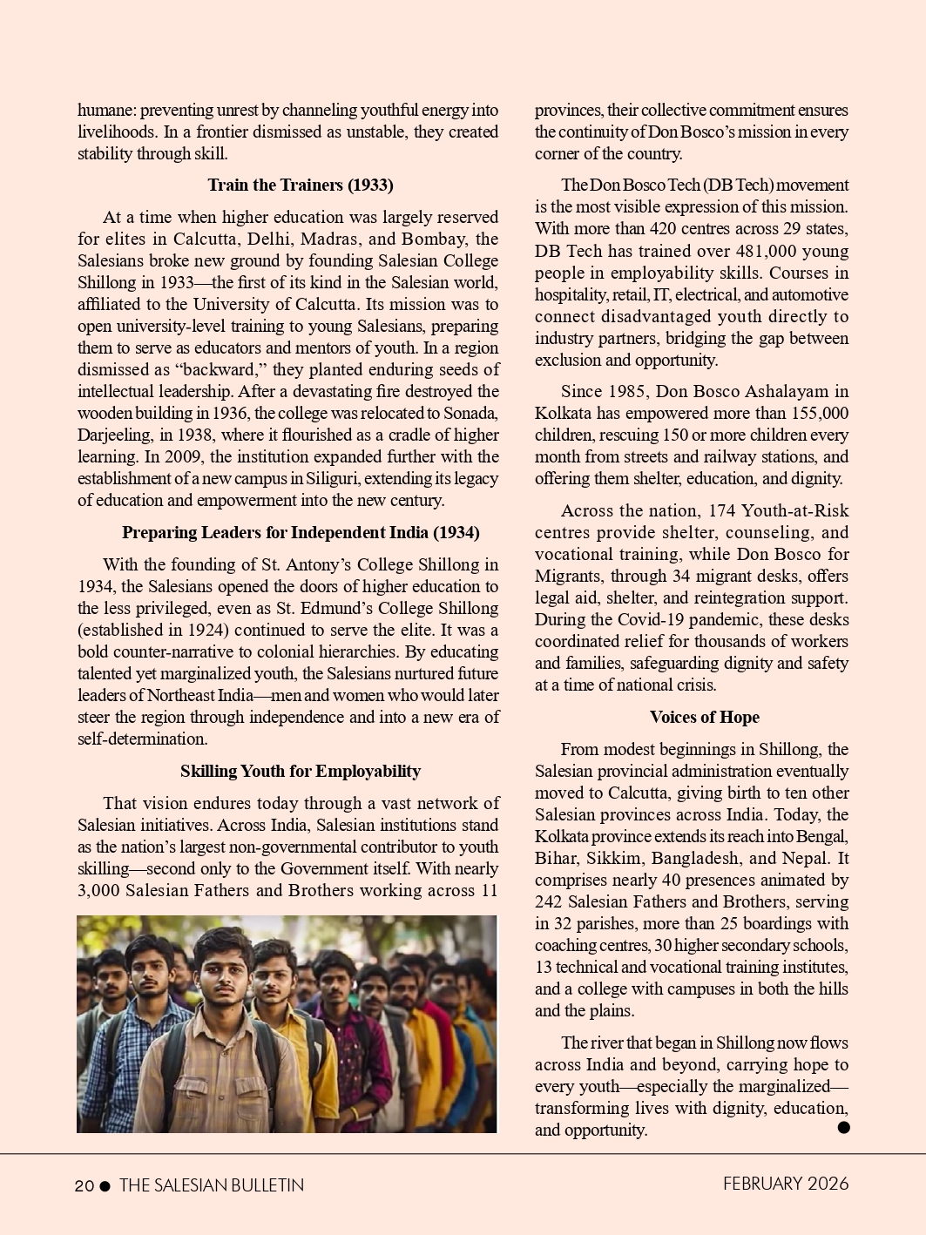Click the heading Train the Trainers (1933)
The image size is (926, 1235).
pos(300,185)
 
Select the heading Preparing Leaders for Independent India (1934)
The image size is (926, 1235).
pos(301,532)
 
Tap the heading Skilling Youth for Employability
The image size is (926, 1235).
pos(301,771)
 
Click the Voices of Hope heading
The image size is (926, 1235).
pos(704,717)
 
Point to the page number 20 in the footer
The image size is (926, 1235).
pos(84,1185)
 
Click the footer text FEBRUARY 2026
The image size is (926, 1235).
pos(785,1184)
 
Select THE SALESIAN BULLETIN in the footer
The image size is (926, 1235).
pos(212,1185)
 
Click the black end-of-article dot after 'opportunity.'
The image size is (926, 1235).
pos(842,1127)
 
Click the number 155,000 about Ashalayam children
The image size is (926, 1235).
pos(820,413)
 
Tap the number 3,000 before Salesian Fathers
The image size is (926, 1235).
pos(98,890)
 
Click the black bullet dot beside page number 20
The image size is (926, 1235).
pos(105,1185)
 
